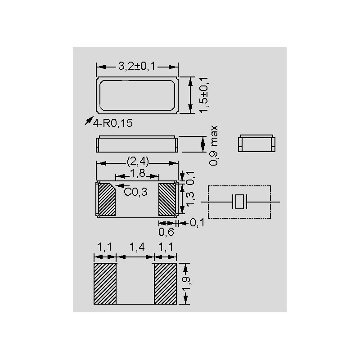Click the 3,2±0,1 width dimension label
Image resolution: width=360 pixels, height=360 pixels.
pyautogui.click(x=137, y=66)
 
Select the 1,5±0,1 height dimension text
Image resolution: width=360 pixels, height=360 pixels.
pyautogui.click(x=204, y=95)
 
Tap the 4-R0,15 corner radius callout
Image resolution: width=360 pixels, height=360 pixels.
pyautogui.click(x=112, y=123)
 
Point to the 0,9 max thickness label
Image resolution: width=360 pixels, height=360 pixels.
pyautogui.click(x=213, y=145)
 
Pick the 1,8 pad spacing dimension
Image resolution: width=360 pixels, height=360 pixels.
pyautogui.click(x=138, y=173)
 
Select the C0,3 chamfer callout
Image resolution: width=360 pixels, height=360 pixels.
pyautogui.click(x=135, y=192)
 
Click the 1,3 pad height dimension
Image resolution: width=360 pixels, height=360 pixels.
pyautogui.click(x=190, y=199)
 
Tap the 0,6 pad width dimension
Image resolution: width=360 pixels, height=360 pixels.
pyautogui.click(x=166, y=232)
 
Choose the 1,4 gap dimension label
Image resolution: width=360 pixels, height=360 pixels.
pyautogui.click(x=137, y=247)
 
